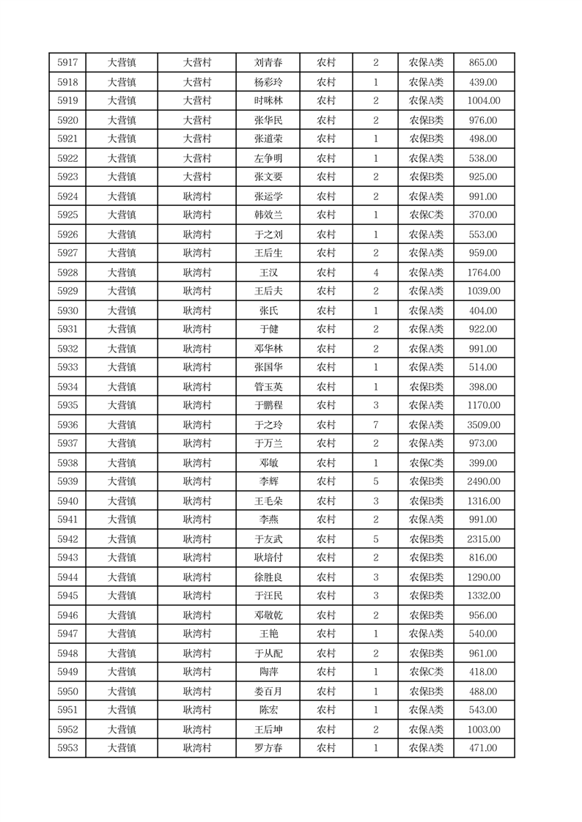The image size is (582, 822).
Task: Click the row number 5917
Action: [67, 63]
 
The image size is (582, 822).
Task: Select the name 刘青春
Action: [267, 63]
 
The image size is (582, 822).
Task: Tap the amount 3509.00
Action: [483, 425]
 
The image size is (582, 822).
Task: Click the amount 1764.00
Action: [483, 273]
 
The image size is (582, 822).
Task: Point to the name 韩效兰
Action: [267, 215]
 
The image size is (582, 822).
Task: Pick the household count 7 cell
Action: [375, 425]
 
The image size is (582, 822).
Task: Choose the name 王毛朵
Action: [267, 501]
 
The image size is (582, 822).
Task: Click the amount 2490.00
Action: [483, 482]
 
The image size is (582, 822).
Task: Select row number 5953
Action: [67, 748]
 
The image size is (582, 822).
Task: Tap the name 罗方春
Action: [267, 748]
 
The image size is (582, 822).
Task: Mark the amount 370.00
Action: [483, 215]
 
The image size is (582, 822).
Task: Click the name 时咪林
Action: [267, 101]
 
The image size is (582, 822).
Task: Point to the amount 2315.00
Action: [483, 539]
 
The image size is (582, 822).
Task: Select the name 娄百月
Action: [267, 692]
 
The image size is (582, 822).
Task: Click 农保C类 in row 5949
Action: [426, 672]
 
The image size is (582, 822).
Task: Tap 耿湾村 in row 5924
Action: [196, 196]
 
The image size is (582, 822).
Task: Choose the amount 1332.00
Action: [483, 596]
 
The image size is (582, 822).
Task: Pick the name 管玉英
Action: [267, 387]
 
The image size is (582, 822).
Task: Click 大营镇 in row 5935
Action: [122, 405]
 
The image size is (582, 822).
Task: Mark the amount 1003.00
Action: [483, 730]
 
